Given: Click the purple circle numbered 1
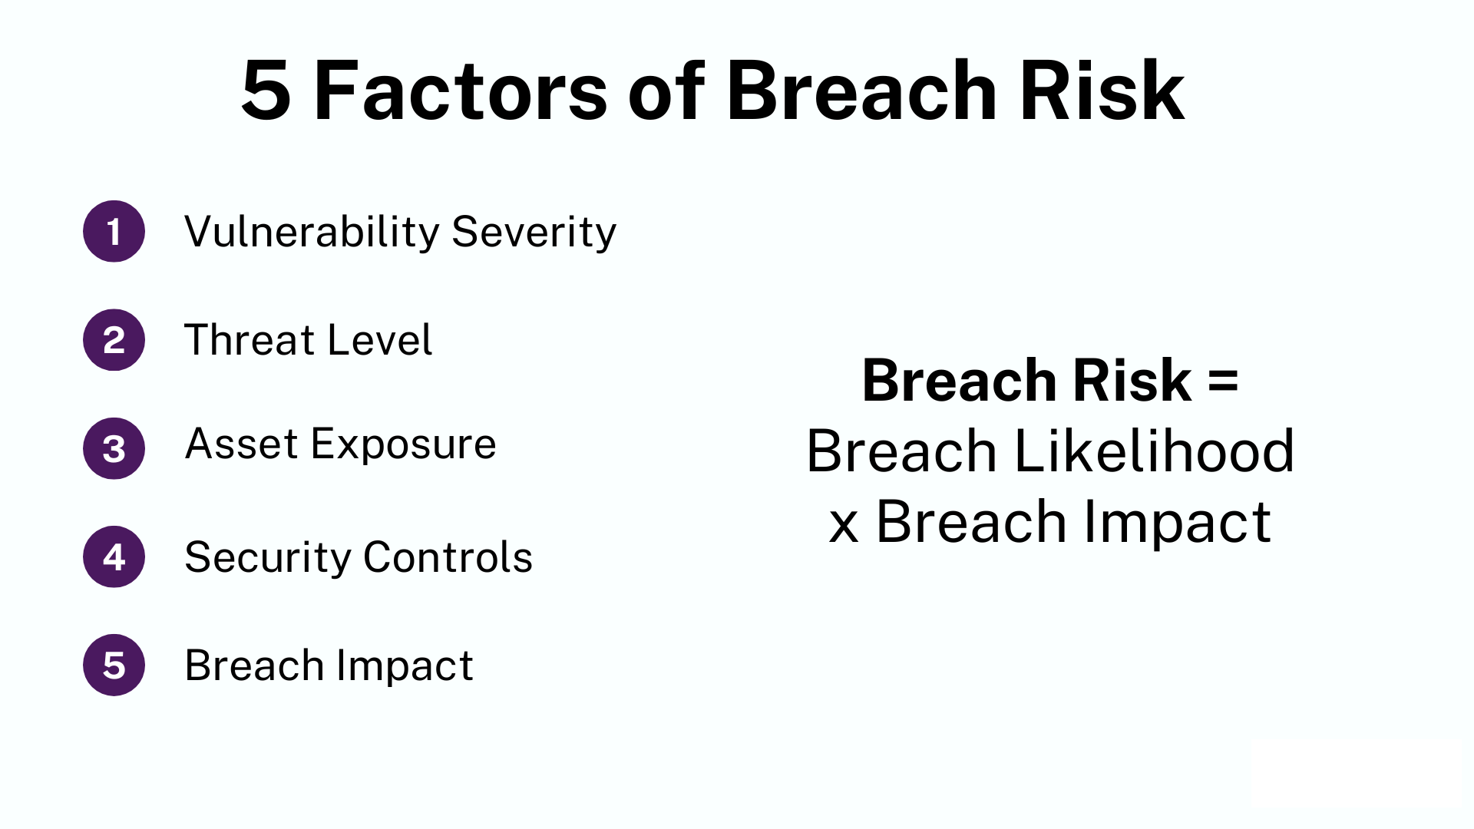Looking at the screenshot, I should (114, 231).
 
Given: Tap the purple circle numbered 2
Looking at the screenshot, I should (114, 340).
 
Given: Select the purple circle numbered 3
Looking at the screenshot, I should (114, 448).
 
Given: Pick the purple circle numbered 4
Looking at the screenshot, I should (114, 557).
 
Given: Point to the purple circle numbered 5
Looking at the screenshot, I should (114, 665).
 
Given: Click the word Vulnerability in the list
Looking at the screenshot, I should (311, 233).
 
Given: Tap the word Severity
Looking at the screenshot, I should (534, 233).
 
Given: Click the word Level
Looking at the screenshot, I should (379, 340).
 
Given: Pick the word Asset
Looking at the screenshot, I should (241, 444).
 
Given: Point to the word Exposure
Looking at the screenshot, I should (403, 445).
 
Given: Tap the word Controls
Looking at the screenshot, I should (448, 557).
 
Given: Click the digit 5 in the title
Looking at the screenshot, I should (266, 92).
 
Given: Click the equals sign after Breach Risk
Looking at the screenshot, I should (1223, 381).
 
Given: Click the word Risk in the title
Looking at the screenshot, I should (1102, 92).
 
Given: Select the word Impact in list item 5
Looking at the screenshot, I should (405, 666).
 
